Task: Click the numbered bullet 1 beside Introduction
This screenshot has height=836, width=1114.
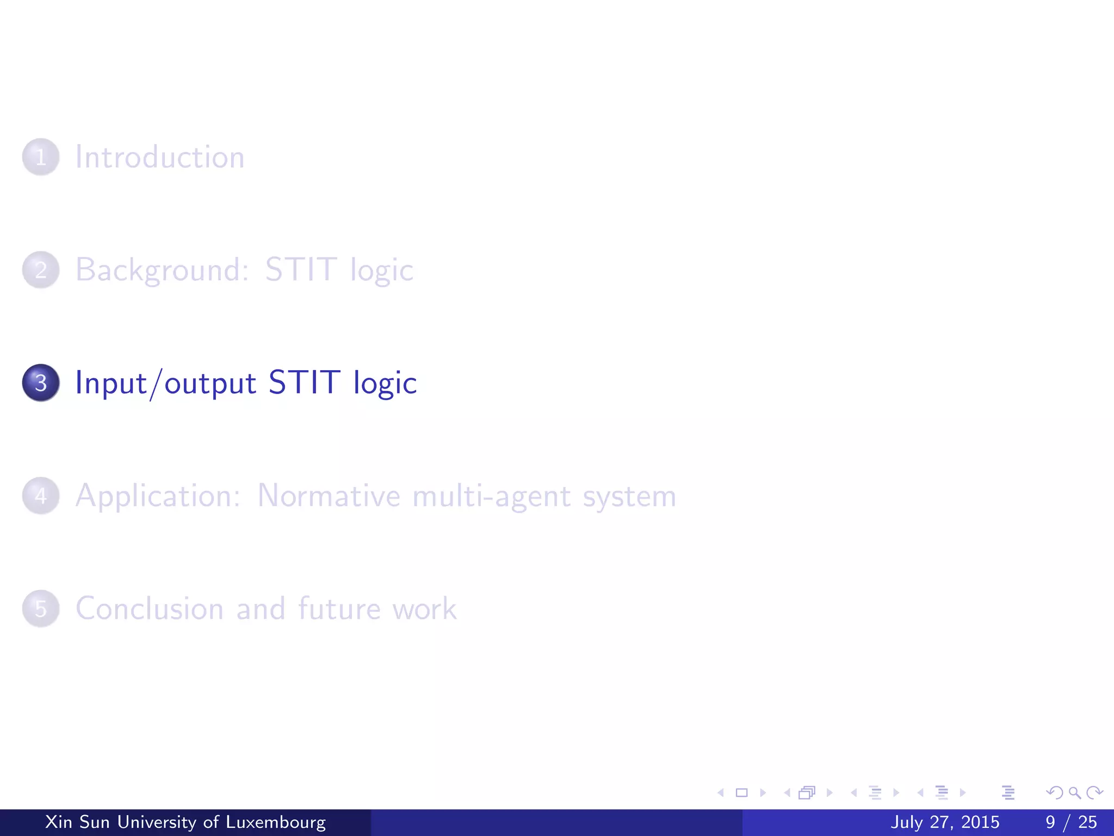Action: click(41, 157)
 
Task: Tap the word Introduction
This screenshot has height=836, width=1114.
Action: click(160, 157)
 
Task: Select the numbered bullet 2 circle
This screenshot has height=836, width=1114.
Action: click(41, 270)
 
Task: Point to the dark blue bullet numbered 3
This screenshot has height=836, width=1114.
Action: click(41, 383)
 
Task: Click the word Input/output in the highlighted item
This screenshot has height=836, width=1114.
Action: click(165, 383)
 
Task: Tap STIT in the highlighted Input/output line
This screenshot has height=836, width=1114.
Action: click(304, 382)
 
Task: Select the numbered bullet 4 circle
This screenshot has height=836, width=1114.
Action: click(41, 496)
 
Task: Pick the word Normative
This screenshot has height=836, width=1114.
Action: click(329, 496)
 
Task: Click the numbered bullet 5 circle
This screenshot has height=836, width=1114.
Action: click(41, 608)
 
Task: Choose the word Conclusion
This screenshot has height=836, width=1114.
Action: click(150, 608)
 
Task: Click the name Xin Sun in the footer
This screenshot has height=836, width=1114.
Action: click(77, 822)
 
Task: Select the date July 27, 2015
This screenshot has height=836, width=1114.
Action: click(945, 822)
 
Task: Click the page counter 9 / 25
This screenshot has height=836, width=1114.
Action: click(1071, 822)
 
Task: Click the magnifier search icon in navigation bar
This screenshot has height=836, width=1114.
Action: click(1074, 792)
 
